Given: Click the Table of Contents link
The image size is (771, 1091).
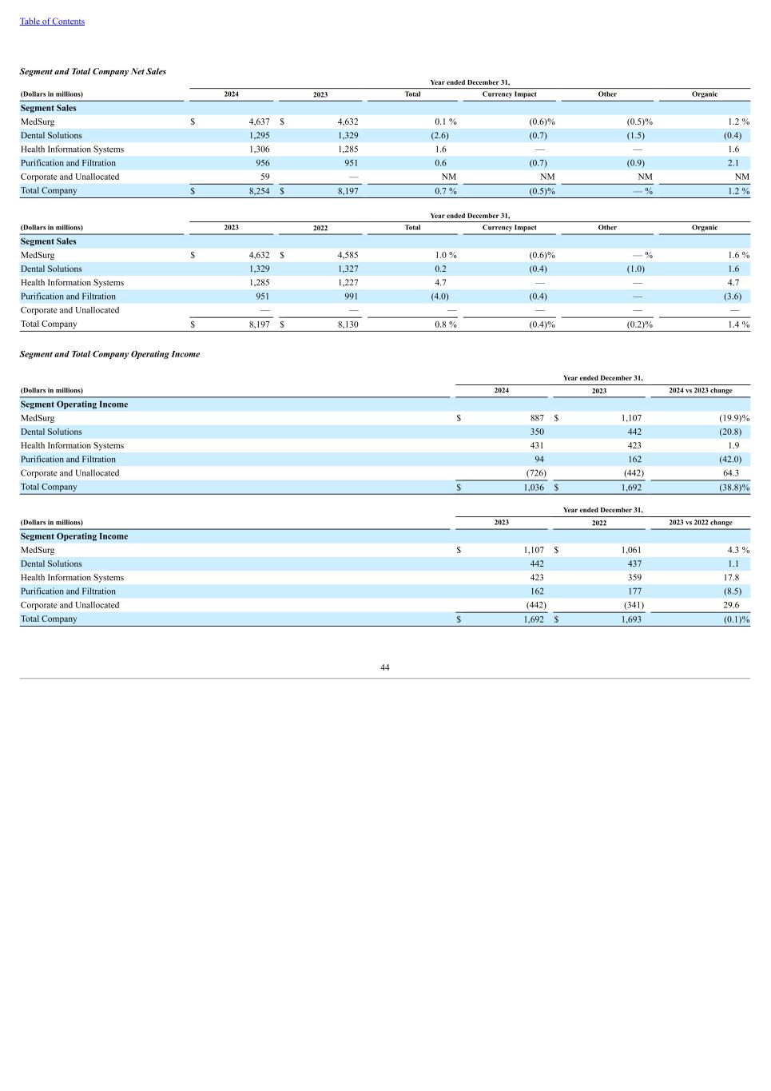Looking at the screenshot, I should [x=52, y=22].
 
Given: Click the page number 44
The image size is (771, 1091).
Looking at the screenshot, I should [x=385, y=667].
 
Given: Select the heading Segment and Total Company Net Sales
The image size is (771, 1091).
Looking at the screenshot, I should [x=93, y=72].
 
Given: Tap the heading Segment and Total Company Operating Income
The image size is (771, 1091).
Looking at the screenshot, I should [x=109, y=354].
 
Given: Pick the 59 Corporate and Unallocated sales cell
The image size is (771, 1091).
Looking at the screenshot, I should [x=264, y=177].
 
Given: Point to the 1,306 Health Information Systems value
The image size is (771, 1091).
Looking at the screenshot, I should [x=259, y=149].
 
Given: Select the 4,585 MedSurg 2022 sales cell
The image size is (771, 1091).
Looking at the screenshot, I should [x=348, y=256].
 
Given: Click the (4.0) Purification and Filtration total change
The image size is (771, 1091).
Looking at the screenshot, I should [x=439, y=297].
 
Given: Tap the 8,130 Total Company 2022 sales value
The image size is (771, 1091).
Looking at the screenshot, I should [x=348, y=325].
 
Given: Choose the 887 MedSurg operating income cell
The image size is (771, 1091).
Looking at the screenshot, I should [x=537, y=418].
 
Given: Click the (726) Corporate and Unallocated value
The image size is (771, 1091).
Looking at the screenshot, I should [x=535, y=473].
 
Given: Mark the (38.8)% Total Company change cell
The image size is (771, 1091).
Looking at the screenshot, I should [x=733, y=488].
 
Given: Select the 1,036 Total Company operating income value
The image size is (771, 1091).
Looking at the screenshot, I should [x=534, y=488].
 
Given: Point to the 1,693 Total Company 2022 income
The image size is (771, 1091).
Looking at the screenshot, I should [x=631, y=619].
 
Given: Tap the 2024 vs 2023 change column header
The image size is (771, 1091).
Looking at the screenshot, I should [x=700, y=391].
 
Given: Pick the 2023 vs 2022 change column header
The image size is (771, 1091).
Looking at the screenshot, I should [x=700, y=523].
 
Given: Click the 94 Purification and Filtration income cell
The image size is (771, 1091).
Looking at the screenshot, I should [x=539, y=460].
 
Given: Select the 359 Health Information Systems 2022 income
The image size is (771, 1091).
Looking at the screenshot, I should [x=634, y=578].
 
